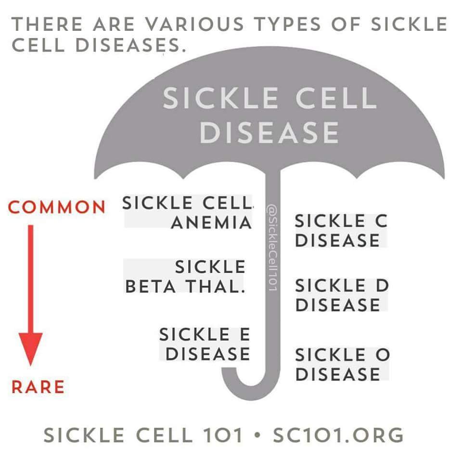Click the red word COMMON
click(x=57, y=207)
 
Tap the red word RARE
click(x=38, y=387)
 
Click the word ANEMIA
click(x=211, y=222)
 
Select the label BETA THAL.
click(x=185, y=286)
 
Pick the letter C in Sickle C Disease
click(x=381, y=221)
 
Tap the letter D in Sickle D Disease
click(x=383, y=285)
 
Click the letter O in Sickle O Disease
click(x=383, y=355)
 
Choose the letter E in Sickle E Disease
click(x=245, y=334)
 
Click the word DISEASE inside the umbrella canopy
click(x=269, y=133)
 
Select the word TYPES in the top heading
click(x=287, y=24)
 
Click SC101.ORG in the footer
click(x=338, y=435)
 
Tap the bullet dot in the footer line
click(x=257, y=435)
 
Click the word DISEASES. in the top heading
click(x=131, y=45)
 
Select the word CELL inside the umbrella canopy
click(x=336, y=98)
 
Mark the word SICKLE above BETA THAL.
click(x=210, y=267)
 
